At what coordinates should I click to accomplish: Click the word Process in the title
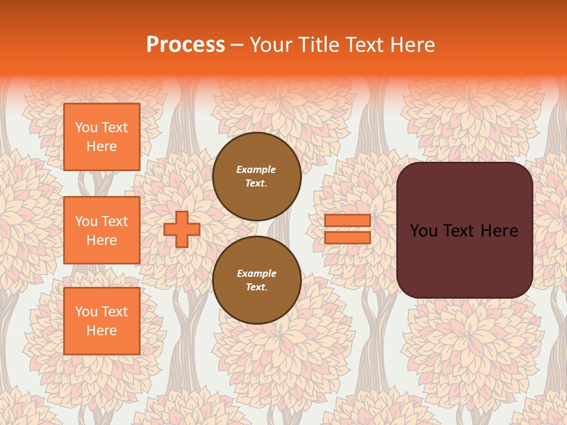coord(185,45)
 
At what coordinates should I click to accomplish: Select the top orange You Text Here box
coord(102,137)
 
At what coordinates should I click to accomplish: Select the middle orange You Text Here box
coord(102,230)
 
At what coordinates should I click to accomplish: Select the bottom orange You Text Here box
coord(102,321)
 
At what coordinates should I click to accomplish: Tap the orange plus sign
coord(182,229)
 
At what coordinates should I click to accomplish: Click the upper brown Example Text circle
coord(256,176)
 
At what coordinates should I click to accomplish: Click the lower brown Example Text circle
coord(256,280)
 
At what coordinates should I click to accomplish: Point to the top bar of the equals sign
coord(347,221)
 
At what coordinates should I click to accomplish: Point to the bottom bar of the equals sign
coord(347,237)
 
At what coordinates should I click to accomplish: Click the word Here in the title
coord(413,45)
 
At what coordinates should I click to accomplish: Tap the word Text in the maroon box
coord(464,231)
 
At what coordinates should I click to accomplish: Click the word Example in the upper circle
coord(256,169)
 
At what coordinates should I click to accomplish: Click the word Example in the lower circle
coord(256,273)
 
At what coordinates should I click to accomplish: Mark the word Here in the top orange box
coord(102,146)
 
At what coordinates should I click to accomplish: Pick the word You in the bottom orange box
coord(86,312)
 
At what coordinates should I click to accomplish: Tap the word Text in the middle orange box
coord(114,221)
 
